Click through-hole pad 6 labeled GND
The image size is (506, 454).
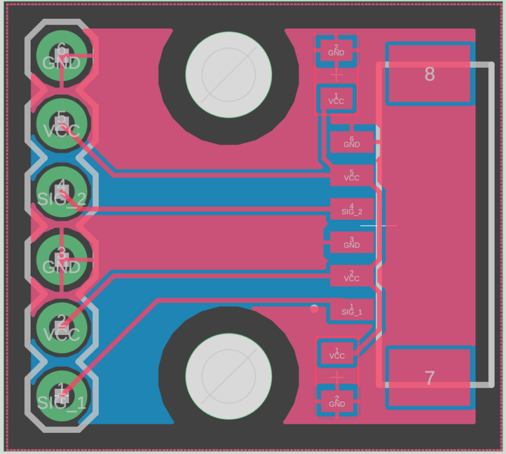pyautogui.click(x=62, y=56)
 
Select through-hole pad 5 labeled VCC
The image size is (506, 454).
pyautogui.click(x=62, y=124)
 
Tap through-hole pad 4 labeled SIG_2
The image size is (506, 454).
pyautogui.click(x=62, y=192)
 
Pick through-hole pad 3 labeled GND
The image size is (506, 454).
pyautogui.click(x=62, y=260)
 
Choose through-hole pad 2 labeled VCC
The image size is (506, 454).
pyautogui.click(x=62, y=328)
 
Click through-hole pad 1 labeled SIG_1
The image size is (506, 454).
pyautogui.click(x=62, y=396)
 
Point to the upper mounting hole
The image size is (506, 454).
pyautogui.click(x=229, y=75)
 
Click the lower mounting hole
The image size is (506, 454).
pyautogui.click(x=229, y=377)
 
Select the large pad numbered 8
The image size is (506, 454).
pyautogui.click(x=430, y=74)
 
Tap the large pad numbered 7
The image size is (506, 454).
pyautogui.click(x=430, y=378)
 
